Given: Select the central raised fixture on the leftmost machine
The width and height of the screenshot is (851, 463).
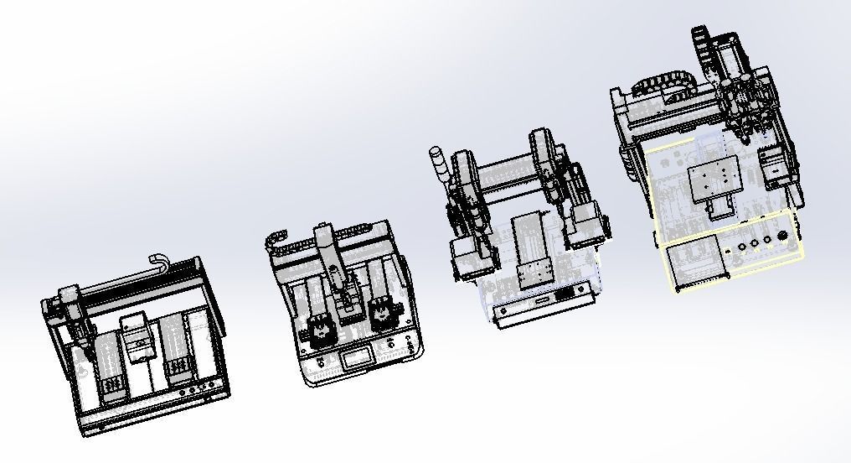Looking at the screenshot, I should click(x=137, y=336).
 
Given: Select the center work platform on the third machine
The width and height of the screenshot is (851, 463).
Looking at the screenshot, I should click(x=530, y=247).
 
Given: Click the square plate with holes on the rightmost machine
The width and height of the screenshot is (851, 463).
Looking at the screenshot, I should click(x=714, y=175).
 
